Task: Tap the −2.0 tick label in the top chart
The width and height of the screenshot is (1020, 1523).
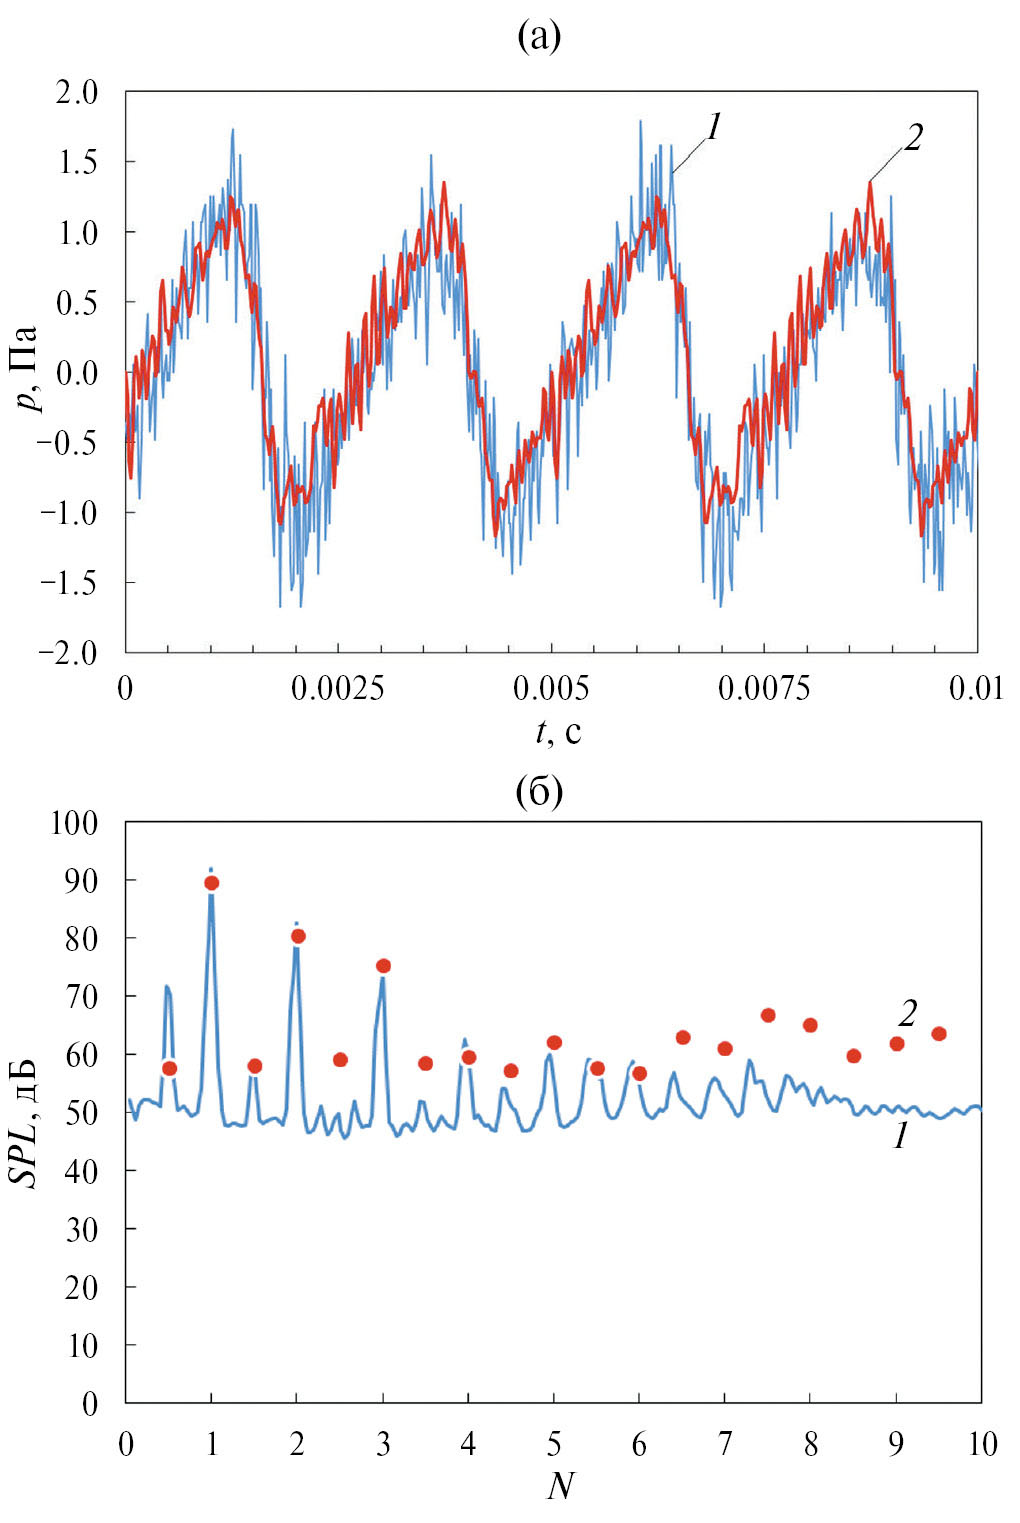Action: [69, 652]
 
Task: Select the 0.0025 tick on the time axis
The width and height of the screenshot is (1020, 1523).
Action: [338, 689]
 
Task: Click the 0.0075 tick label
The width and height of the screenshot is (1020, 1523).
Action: [764, 689]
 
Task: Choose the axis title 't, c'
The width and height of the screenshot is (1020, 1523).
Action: [557, 733]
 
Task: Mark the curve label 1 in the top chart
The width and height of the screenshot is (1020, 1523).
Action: [713, 127]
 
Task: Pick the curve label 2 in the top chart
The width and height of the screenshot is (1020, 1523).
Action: [912, 138]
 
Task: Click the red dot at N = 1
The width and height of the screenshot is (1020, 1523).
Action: [211, 883]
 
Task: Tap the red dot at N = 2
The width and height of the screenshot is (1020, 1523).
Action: [297, 936]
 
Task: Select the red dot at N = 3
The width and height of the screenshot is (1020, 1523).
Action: [383, 966]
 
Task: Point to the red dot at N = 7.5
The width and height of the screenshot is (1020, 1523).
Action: [768, 1015]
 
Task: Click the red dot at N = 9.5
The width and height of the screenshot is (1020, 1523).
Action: [939, 1033]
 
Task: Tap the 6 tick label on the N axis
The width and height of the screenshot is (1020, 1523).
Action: [639, 1444]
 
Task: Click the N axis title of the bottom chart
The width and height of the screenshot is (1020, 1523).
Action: [561, 1486]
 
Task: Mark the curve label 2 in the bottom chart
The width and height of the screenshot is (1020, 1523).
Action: [906, 1013]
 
